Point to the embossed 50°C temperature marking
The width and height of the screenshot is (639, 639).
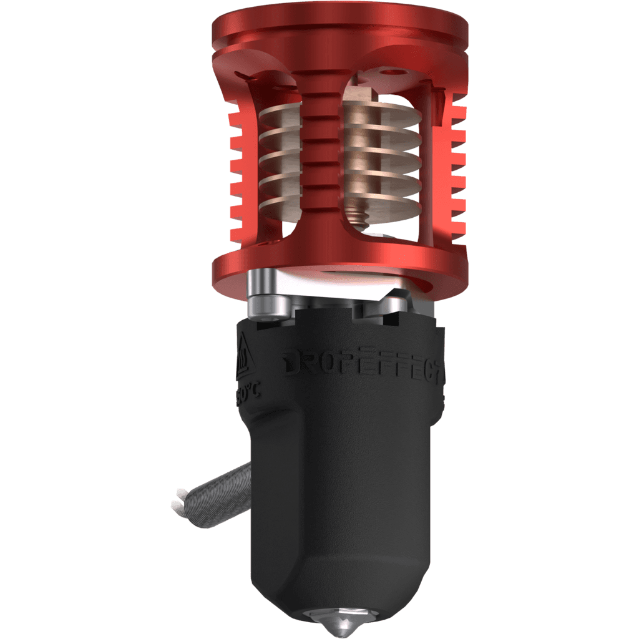click(249, 394)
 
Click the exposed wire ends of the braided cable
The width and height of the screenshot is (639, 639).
click(178, 503)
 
